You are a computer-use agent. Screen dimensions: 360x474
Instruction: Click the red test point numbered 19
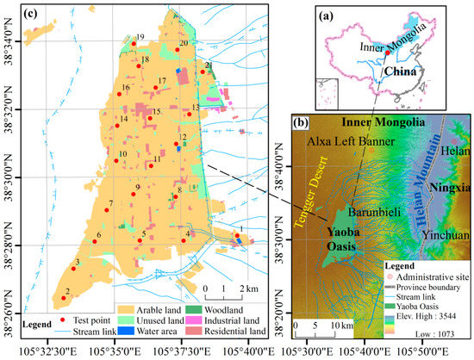[x=134, y=44]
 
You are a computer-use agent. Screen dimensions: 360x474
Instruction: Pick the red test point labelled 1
[x=237, y=234]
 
